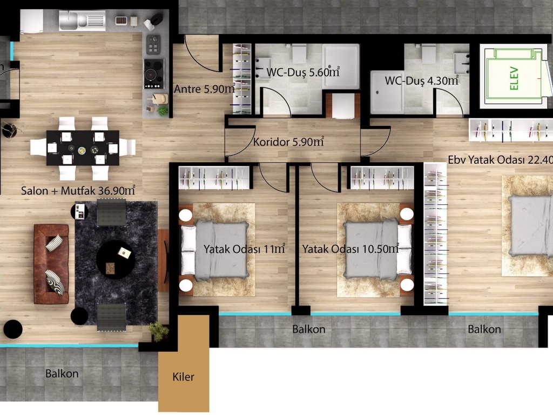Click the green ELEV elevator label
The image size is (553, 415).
514,78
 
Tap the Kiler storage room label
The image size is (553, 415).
184,377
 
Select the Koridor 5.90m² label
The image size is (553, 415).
288,142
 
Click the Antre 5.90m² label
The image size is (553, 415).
205,89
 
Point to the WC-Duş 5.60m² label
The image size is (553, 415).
303,72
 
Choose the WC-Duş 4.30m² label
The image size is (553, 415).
421,81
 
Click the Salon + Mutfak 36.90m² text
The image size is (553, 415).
78,191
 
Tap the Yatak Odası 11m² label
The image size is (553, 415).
244,249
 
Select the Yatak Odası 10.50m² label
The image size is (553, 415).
350,249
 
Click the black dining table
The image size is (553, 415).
83,148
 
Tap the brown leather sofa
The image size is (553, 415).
51,264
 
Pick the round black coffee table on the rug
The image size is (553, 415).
116,260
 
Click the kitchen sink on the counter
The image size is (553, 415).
82,20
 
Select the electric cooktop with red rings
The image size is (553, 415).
154,74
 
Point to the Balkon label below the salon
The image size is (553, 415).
62,373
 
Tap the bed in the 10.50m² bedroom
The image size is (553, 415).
377,249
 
